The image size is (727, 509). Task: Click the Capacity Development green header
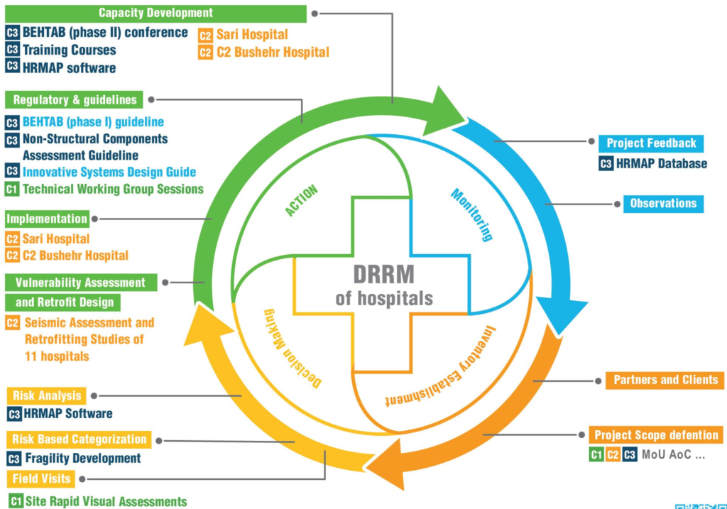pyautogui.click(x=155, y=13)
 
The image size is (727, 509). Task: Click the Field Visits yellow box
pyautogui.click(x=41, y=478)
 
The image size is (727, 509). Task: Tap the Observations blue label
pyautogui.click(x=663, y=203)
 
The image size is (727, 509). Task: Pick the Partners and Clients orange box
pyautogui.click(x=665, y=380)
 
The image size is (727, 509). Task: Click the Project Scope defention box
pyautogui.click(x=656, y=434)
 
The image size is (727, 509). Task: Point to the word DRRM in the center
pyautogui.click(x=383, y=273)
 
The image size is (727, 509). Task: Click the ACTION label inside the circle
pyautogui.click(x=302, y=201)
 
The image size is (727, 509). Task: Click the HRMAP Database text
pyautogui.click(x=661, y=163)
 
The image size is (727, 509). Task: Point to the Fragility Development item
pyautogui.click(x=82, y=459)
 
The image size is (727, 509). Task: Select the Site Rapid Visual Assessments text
pyautogui.click(x=106, y=501)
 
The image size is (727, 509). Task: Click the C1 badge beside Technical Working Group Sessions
pyautogui.click(x=12, y=190)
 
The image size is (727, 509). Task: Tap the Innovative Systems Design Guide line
pyautogui.click(x=109, y=172)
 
